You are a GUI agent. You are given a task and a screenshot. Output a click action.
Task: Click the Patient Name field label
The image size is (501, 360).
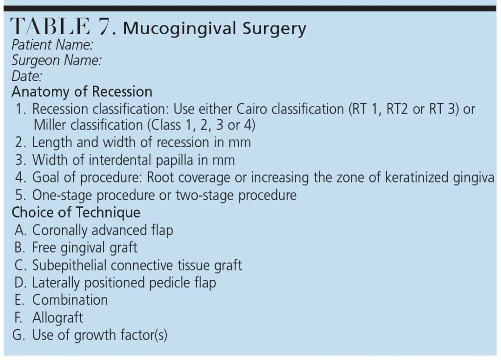[52, 45]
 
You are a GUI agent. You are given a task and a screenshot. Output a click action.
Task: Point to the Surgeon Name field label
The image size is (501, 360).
[57, 60]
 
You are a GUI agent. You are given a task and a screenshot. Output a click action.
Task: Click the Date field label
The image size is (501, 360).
[27, 76]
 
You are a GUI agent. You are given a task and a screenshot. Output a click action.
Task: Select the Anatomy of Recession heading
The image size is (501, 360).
[82, 91]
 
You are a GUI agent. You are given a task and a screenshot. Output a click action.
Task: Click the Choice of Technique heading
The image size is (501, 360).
[76, 213]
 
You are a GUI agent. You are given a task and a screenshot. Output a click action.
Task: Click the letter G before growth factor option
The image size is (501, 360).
[19, 335]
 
